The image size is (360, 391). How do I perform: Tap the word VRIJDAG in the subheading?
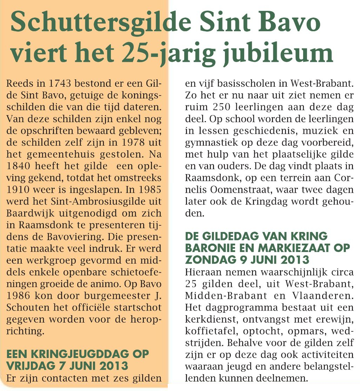pyautogui.click(x=29, y=366)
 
